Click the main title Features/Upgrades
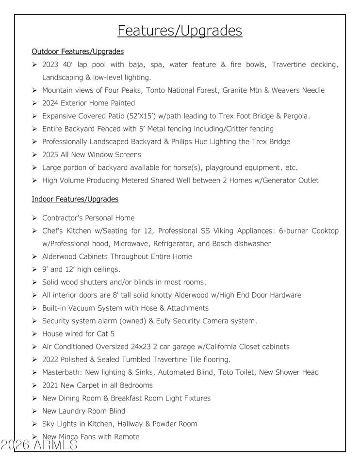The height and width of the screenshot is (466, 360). (x=180, y=31)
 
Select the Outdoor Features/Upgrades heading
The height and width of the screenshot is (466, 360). (x=78, y=51)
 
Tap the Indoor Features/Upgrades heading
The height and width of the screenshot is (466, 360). (x=75, y=199)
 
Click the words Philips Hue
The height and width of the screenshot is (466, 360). (x=201, y=142)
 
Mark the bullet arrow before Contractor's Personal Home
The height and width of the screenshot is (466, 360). (x=34, y=218)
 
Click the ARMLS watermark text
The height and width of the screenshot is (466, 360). (x=39, y=444)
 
